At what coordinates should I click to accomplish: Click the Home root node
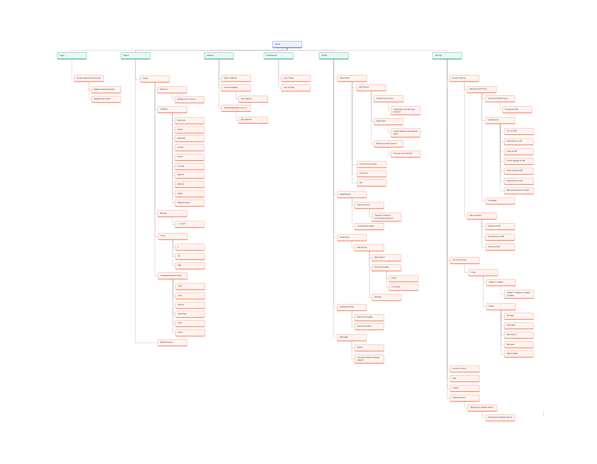[x=287, y=44]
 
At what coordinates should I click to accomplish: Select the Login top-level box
[x=72, y=56]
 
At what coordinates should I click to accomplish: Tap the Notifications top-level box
[x=278, y=56]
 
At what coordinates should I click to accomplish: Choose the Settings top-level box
[x=447, y=56]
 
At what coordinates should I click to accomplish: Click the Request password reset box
[x=106, y=90]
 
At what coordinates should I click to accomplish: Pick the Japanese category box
[x=189, y=138]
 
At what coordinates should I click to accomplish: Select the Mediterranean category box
[x=189, y=203]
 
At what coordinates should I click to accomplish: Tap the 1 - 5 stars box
[x=189, y=224]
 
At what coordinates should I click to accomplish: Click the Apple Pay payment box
[x=190, y=314]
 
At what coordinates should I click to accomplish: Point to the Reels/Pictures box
[x=172, y=342]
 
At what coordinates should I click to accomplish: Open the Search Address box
[x=236, y=78]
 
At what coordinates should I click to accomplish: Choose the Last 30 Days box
[x=296, y=88]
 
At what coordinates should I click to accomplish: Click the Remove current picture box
[x=388, y=143]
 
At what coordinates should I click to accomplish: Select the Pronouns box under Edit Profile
[x=371, y=173]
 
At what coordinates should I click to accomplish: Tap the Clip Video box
[x=403, y=287]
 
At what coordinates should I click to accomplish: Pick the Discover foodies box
[x=369, y=326]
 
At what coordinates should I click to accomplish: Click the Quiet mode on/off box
[x=519, y=171]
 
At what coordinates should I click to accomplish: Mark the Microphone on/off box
[x=500, y=237]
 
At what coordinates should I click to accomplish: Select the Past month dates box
[x=519, y=335]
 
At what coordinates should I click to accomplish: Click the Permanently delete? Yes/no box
[x=500, y=418]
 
